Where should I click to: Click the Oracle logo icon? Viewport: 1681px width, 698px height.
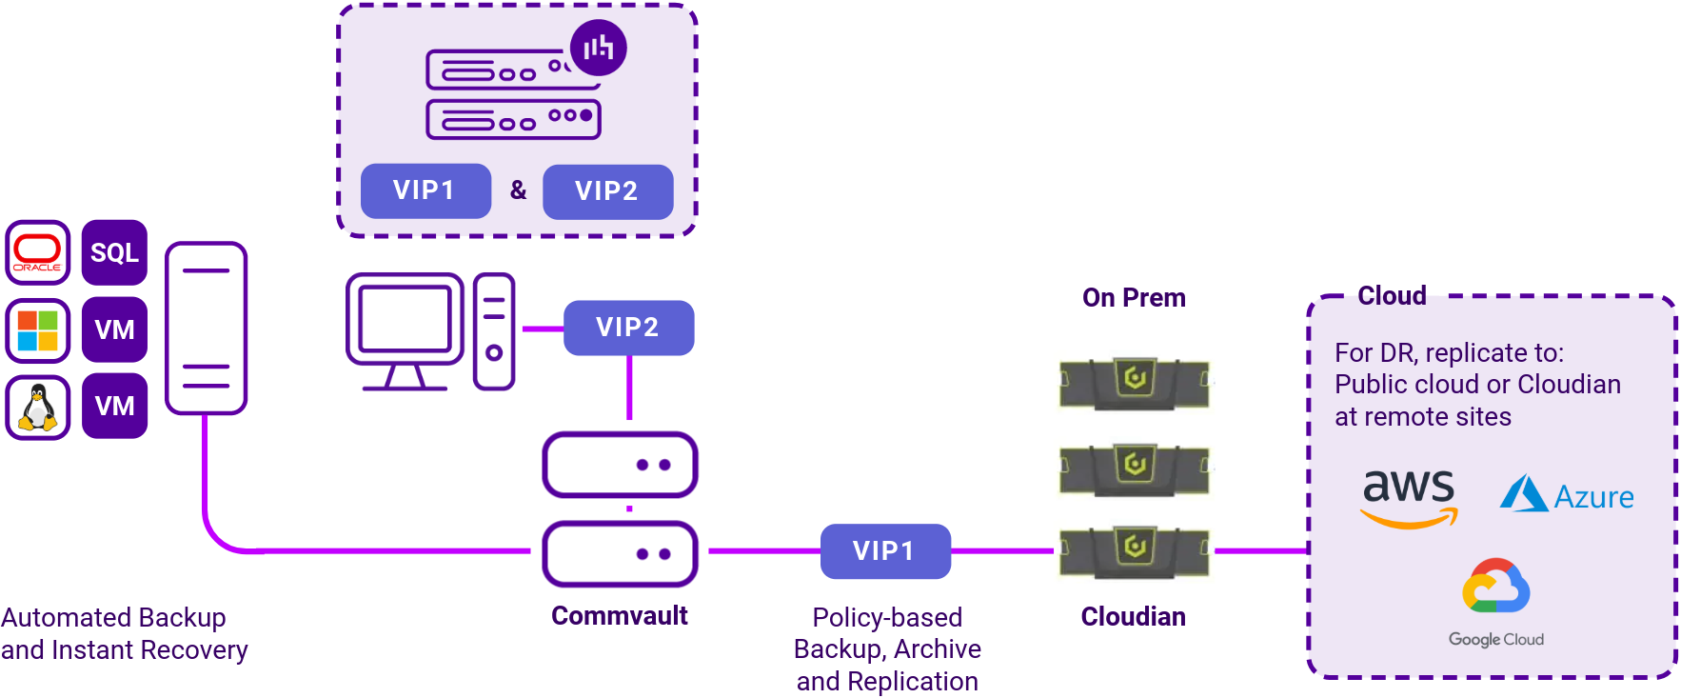coord(38,252)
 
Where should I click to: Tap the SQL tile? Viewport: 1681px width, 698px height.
coord(114,252)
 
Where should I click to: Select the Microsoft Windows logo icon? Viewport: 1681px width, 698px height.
coord(38,329)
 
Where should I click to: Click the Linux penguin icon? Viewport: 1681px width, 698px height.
coord(38,407)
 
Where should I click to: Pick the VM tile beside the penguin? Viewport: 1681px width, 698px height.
coord(114,407)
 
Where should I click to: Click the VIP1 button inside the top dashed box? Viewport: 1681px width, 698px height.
coord(425,190)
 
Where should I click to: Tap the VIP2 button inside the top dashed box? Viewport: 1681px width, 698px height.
coord(607,191)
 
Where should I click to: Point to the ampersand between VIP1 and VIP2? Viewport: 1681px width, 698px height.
coord(518,190)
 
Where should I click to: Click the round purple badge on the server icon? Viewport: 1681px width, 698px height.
coord(599,48)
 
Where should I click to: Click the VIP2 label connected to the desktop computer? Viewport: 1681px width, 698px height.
coord(628,328)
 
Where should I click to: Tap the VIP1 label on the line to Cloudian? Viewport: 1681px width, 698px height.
coord(885,550)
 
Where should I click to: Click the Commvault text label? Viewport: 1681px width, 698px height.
coord(619,616)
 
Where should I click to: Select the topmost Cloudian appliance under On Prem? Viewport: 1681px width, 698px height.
coord(1134,383)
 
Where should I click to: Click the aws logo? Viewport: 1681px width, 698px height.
coord(1409,496)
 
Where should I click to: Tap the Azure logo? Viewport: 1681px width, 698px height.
coord(1567,495)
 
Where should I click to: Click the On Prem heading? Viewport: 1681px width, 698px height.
coord(1134,298)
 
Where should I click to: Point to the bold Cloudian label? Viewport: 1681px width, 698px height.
coord(1133,617)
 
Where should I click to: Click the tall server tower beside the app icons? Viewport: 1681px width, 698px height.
coord(206,328)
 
